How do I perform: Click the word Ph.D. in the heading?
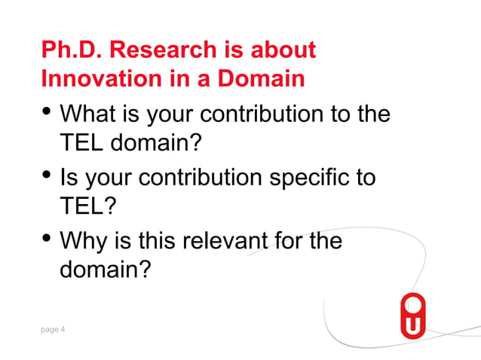pos(72,50)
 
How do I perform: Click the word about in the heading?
pos(283,50)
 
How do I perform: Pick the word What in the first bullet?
pos(88,115)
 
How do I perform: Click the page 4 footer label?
pos(53,328)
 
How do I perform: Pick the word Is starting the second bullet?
pos(69,178)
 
